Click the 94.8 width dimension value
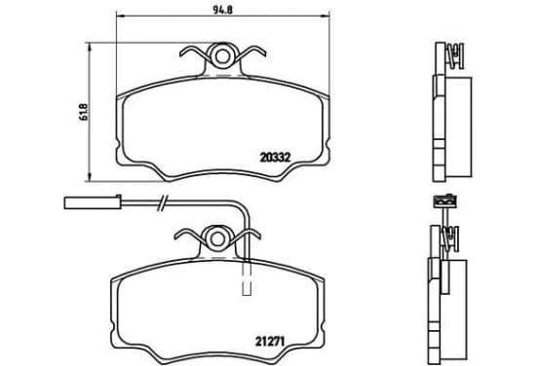222,10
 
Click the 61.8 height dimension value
85,112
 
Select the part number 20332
275,158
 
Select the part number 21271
270,341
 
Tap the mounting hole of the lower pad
217,238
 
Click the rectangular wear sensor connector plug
93,202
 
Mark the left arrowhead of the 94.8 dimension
120,16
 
